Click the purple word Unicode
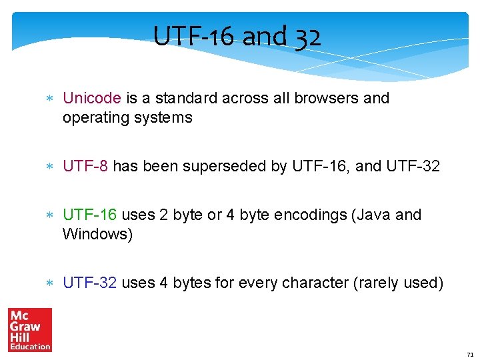92,98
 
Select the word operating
94,118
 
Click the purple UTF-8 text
85,166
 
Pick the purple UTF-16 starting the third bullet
90,215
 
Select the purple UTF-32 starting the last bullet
90,283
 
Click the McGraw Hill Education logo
29,329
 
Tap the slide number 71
470,354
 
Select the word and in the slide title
264,36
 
